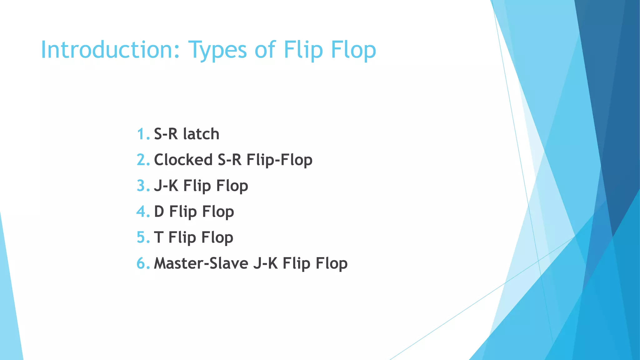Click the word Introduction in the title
click(110, 50)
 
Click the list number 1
click(142, 134)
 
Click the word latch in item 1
click(201, 134)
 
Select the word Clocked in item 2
click(183, 160)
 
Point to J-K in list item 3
click(166, 186)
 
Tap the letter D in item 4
click(159, 212)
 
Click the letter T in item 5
click(158, 237)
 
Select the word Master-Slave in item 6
click(201, 263)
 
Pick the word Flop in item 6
click(332, 264)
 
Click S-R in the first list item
click(166, 134)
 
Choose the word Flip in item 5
click(182, 238)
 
